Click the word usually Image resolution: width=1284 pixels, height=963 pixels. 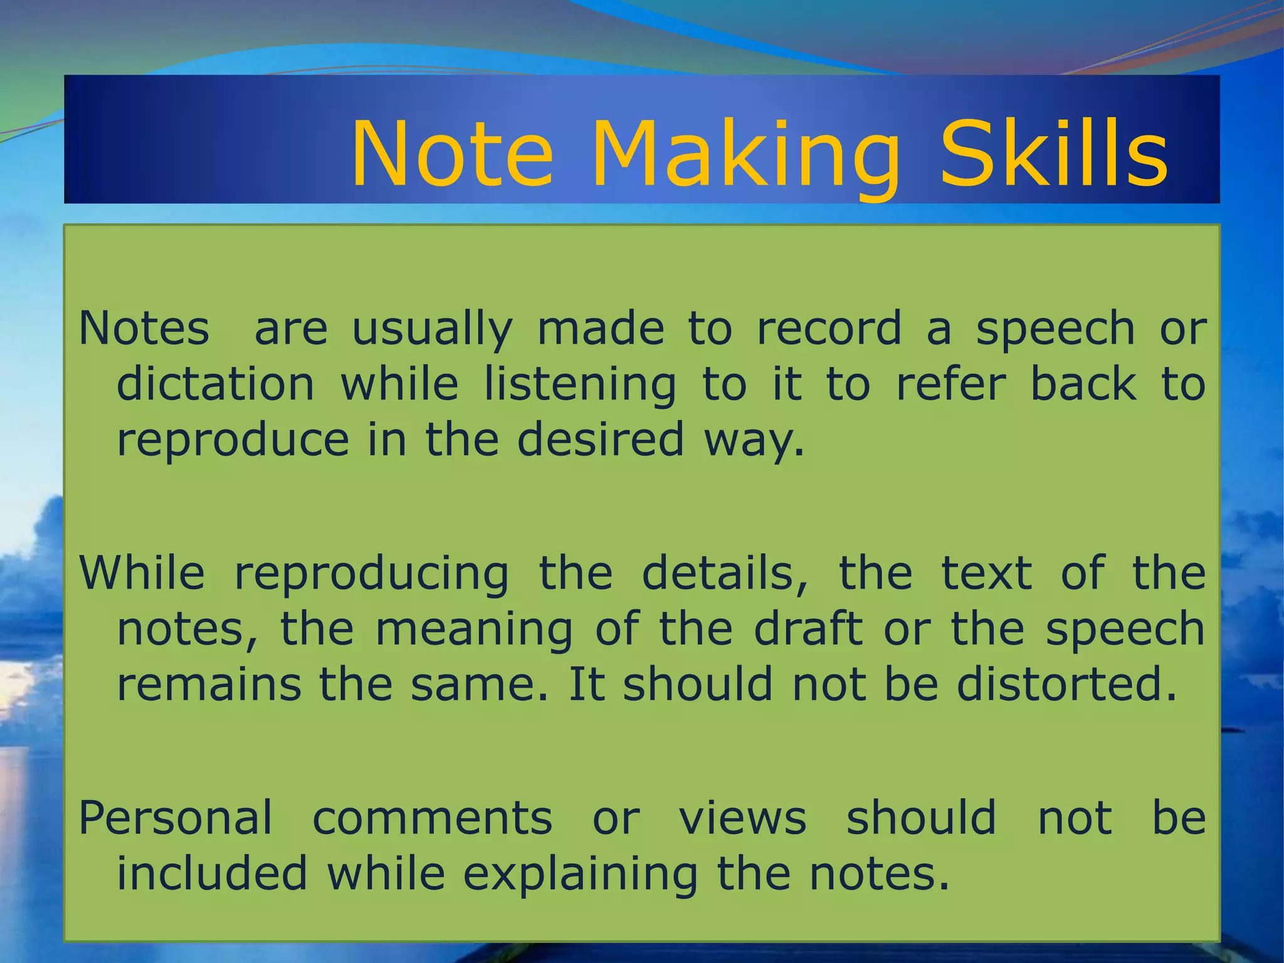[x=432, y=330]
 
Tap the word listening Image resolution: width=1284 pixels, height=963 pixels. [x=580, y=386]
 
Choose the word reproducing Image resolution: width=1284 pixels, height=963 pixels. [x=371, y=574]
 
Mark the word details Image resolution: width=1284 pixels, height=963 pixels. [x=725, y=573]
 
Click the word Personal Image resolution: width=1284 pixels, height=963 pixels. [x=176, y=818]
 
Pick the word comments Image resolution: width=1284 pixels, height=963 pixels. [x=433, y=819]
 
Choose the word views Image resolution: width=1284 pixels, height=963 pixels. [x=743, y=819]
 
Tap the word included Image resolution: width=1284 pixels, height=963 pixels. [x=213, y=873]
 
